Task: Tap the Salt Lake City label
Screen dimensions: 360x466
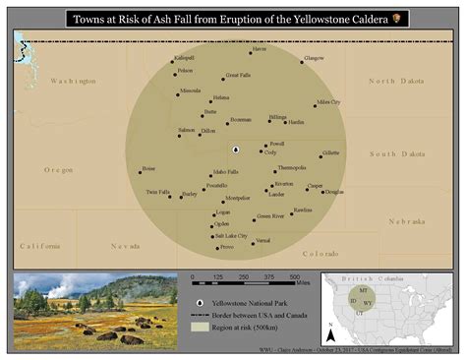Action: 230,236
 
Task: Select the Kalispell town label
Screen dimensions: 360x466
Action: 184,59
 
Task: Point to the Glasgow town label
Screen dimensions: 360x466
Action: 313,59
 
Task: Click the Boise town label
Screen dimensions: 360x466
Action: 148,168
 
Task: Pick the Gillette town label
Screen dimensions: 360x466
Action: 330,153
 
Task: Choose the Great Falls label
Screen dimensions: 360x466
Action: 238,76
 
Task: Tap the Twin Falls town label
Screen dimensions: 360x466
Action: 158,192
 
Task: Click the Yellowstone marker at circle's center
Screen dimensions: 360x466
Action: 236,150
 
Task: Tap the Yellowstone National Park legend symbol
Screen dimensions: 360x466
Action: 200,300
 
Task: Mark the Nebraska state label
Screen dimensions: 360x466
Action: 406,221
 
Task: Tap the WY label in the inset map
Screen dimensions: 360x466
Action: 367,302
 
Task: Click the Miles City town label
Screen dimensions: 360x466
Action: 328,101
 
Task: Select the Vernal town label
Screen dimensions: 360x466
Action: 262,241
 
